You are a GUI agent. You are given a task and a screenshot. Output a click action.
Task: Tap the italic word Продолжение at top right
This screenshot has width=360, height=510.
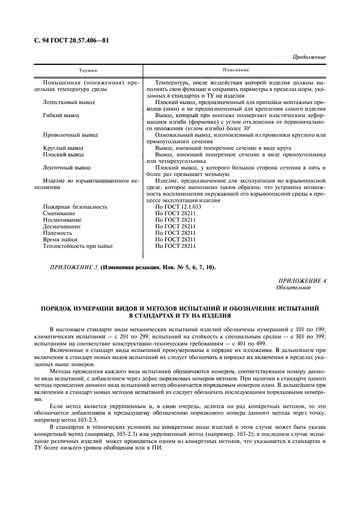point(309,57)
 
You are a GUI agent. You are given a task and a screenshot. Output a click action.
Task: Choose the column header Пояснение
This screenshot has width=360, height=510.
point(235,70)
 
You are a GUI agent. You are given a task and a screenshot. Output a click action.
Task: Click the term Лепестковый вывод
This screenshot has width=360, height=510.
point(68,102)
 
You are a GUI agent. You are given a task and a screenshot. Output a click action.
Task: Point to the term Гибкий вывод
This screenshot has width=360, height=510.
point(60,116)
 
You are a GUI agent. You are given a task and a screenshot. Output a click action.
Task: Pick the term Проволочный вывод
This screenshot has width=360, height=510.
point(70,135)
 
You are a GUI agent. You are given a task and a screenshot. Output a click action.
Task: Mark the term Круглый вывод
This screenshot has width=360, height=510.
point(63,148)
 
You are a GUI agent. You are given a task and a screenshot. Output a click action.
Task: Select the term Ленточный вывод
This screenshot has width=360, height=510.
point(66,168)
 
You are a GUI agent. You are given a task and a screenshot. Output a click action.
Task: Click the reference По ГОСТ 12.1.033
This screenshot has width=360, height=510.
point(178,207)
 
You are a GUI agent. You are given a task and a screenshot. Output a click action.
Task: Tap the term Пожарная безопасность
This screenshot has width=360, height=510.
point(75,207)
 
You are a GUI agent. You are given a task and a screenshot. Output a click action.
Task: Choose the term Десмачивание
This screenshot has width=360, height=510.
point(62,227)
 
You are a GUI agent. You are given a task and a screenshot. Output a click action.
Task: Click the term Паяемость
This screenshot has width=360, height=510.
point(57,233)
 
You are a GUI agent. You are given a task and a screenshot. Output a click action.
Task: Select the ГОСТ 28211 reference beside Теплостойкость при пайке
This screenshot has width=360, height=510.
point(175,246)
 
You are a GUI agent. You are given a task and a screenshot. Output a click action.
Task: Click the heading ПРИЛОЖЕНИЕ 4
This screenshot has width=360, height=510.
point(301,280)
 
